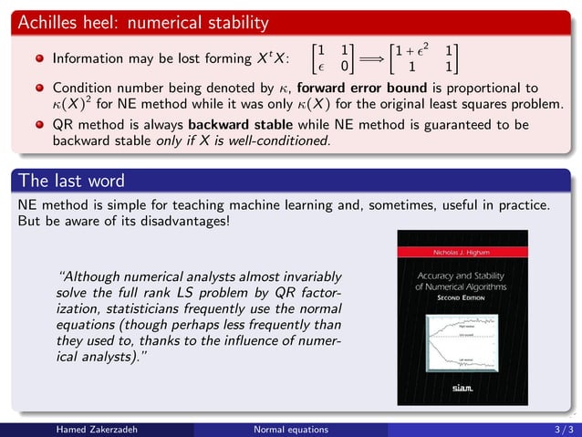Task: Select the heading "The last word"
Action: tap(71, 180)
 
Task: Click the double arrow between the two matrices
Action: tap(371, 57)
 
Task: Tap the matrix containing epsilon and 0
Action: tap(332, 57)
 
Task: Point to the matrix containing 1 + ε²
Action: tap(422, 57)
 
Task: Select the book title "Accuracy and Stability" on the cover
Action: tap(462, 275)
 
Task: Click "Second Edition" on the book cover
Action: tap(462, 298)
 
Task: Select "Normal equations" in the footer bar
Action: tap(290, 429)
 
